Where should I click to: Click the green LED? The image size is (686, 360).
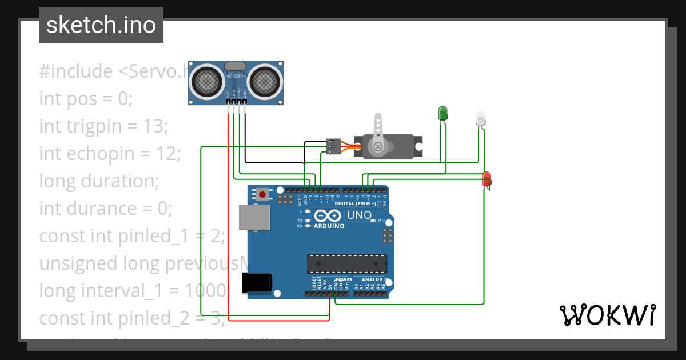442,113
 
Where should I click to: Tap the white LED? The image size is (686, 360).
481,118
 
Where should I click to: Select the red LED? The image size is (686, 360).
486,179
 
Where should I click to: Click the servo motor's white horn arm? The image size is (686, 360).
377,134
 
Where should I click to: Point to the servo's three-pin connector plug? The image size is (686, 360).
334,146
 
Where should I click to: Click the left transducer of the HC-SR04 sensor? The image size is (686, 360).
207,81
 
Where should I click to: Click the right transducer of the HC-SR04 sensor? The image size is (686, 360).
265,81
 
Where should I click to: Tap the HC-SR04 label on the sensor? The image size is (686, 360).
236,77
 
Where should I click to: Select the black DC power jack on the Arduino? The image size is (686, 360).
257,283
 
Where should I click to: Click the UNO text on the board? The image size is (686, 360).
359,215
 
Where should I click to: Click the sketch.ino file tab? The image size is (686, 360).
101,25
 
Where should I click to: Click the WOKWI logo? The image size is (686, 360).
608,315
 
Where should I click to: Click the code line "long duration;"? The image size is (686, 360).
99,181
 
